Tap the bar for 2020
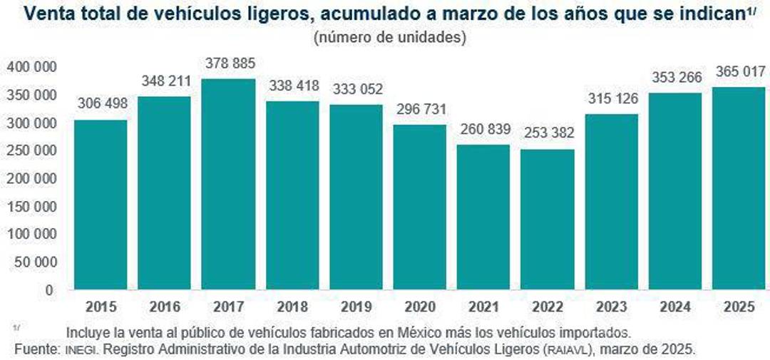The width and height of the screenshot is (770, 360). (x=419, y=207)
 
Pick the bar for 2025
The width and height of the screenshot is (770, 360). (x=738, y=188)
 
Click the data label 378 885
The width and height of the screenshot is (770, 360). (x=228, y=63)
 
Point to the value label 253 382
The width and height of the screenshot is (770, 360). (x=547, y=134)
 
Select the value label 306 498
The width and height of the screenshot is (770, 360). (x=101, y=104)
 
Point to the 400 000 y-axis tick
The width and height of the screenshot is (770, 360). (x=32, y=67)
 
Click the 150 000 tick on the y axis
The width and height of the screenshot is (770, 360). (x=32, y=207)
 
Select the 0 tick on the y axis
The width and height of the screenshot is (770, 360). (x=49, y=290)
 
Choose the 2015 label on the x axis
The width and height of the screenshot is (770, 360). (x=101, y=307)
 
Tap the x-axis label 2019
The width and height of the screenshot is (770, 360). (x=356, y=307)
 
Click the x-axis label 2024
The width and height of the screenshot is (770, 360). (x=674, y=307)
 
